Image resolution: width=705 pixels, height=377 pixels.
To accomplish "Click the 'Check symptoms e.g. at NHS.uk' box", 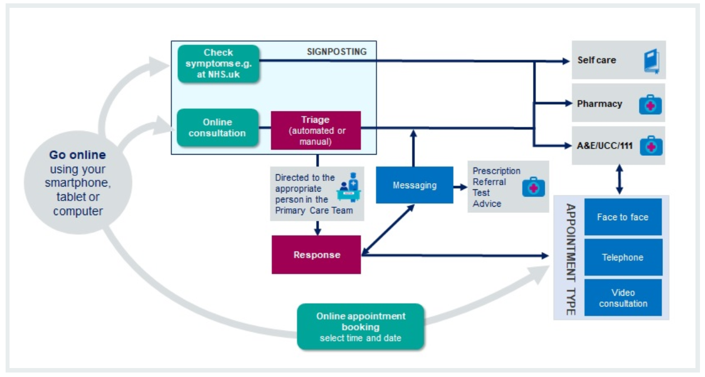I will click(x=219, y=63).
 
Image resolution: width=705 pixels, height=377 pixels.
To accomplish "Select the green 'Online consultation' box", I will click(x=218, y=127).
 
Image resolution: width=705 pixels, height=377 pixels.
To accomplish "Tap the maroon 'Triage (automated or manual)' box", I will click(x=316, y=130).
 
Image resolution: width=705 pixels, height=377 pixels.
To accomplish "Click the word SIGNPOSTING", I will click(x=336, y=52).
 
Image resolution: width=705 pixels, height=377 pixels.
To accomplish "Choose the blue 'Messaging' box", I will click(x=415, y=185).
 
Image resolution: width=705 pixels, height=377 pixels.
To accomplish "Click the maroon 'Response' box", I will click(x=316, y=255).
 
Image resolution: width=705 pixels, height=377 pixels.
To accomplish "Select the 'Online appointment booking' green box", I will click(x=360, y=327).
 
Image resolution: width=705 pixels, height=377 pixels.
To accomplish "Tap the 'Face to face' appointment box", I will click(x=623, y=217).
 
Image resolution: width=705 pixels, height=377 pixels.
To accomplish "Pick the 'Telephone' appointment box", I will click(x=623, y=258).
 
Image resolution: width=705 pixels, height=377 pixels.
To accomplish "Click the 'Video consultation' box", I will click(x=623, y=298).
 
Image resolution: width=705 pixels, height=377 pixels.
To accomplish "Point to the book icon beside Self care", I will click(x=651, y=60).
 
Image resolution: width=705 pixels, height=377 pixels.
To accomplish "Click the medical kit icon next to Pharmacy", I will click(x=651, y=104).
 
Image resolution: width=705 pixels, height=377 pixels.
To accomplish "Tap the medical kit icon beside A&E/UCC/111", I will click(x=651, y=145).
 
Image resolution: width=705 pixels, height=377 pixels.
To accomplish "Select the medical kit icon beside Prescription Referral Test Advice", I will click(x=533, y=187).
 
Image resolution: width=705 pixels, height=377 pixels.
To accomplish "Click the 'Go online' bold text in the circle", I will click(x=77, y=155).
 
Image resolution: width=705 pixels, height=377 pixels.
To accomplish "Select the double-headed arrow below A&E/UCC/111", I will click(x=619, y=179).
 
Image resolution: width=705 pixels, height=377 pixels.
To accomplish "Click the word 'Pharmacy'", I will click(x=599, y=104).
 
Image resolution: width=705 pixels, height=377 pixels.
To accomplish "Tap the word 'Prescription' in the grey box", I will click(x=496, y=171).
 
